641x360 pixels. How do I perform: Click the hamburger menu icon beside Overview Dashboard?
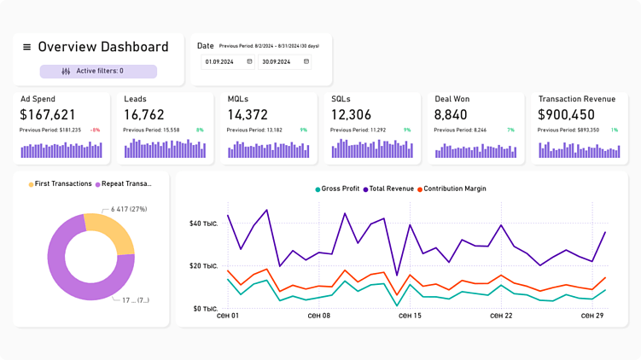point(26,48)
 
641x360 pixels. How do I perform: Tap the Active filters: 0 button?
point(98,72)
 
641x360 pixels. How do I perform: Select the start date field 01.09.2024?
point(227,61)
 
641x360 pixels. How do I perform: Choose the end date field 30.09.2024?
point(284,61)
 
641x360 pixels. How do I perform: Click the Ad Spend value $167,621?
point(48,114)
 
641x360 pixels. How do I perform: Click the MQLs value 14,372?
point(248,114)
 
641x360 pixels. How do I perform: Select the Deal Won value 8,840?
point(451,114)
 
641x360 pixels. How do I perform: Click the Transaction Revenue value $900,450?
point(567,114)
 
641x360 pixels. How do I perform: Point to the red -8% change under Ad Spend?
point(95,130)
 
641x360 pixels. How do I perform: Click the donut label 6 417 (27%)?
point(129,208)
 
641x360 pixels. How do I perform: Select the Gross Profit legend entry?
point(337,189)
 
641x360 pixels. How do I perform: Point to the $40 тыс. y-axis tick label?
point(203,224)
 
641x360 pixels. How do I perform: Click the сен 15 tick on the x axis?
point(410,316)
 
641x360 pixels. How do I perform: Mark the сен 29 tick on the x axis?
point(592,316)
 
